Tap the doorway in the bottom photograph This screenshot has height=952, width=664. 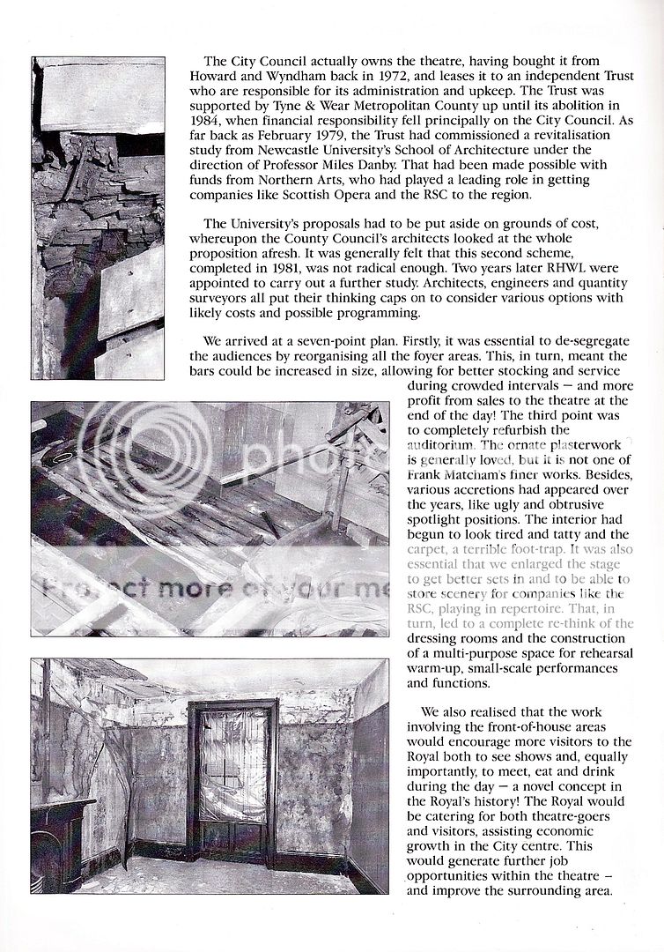pos(233,776)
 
